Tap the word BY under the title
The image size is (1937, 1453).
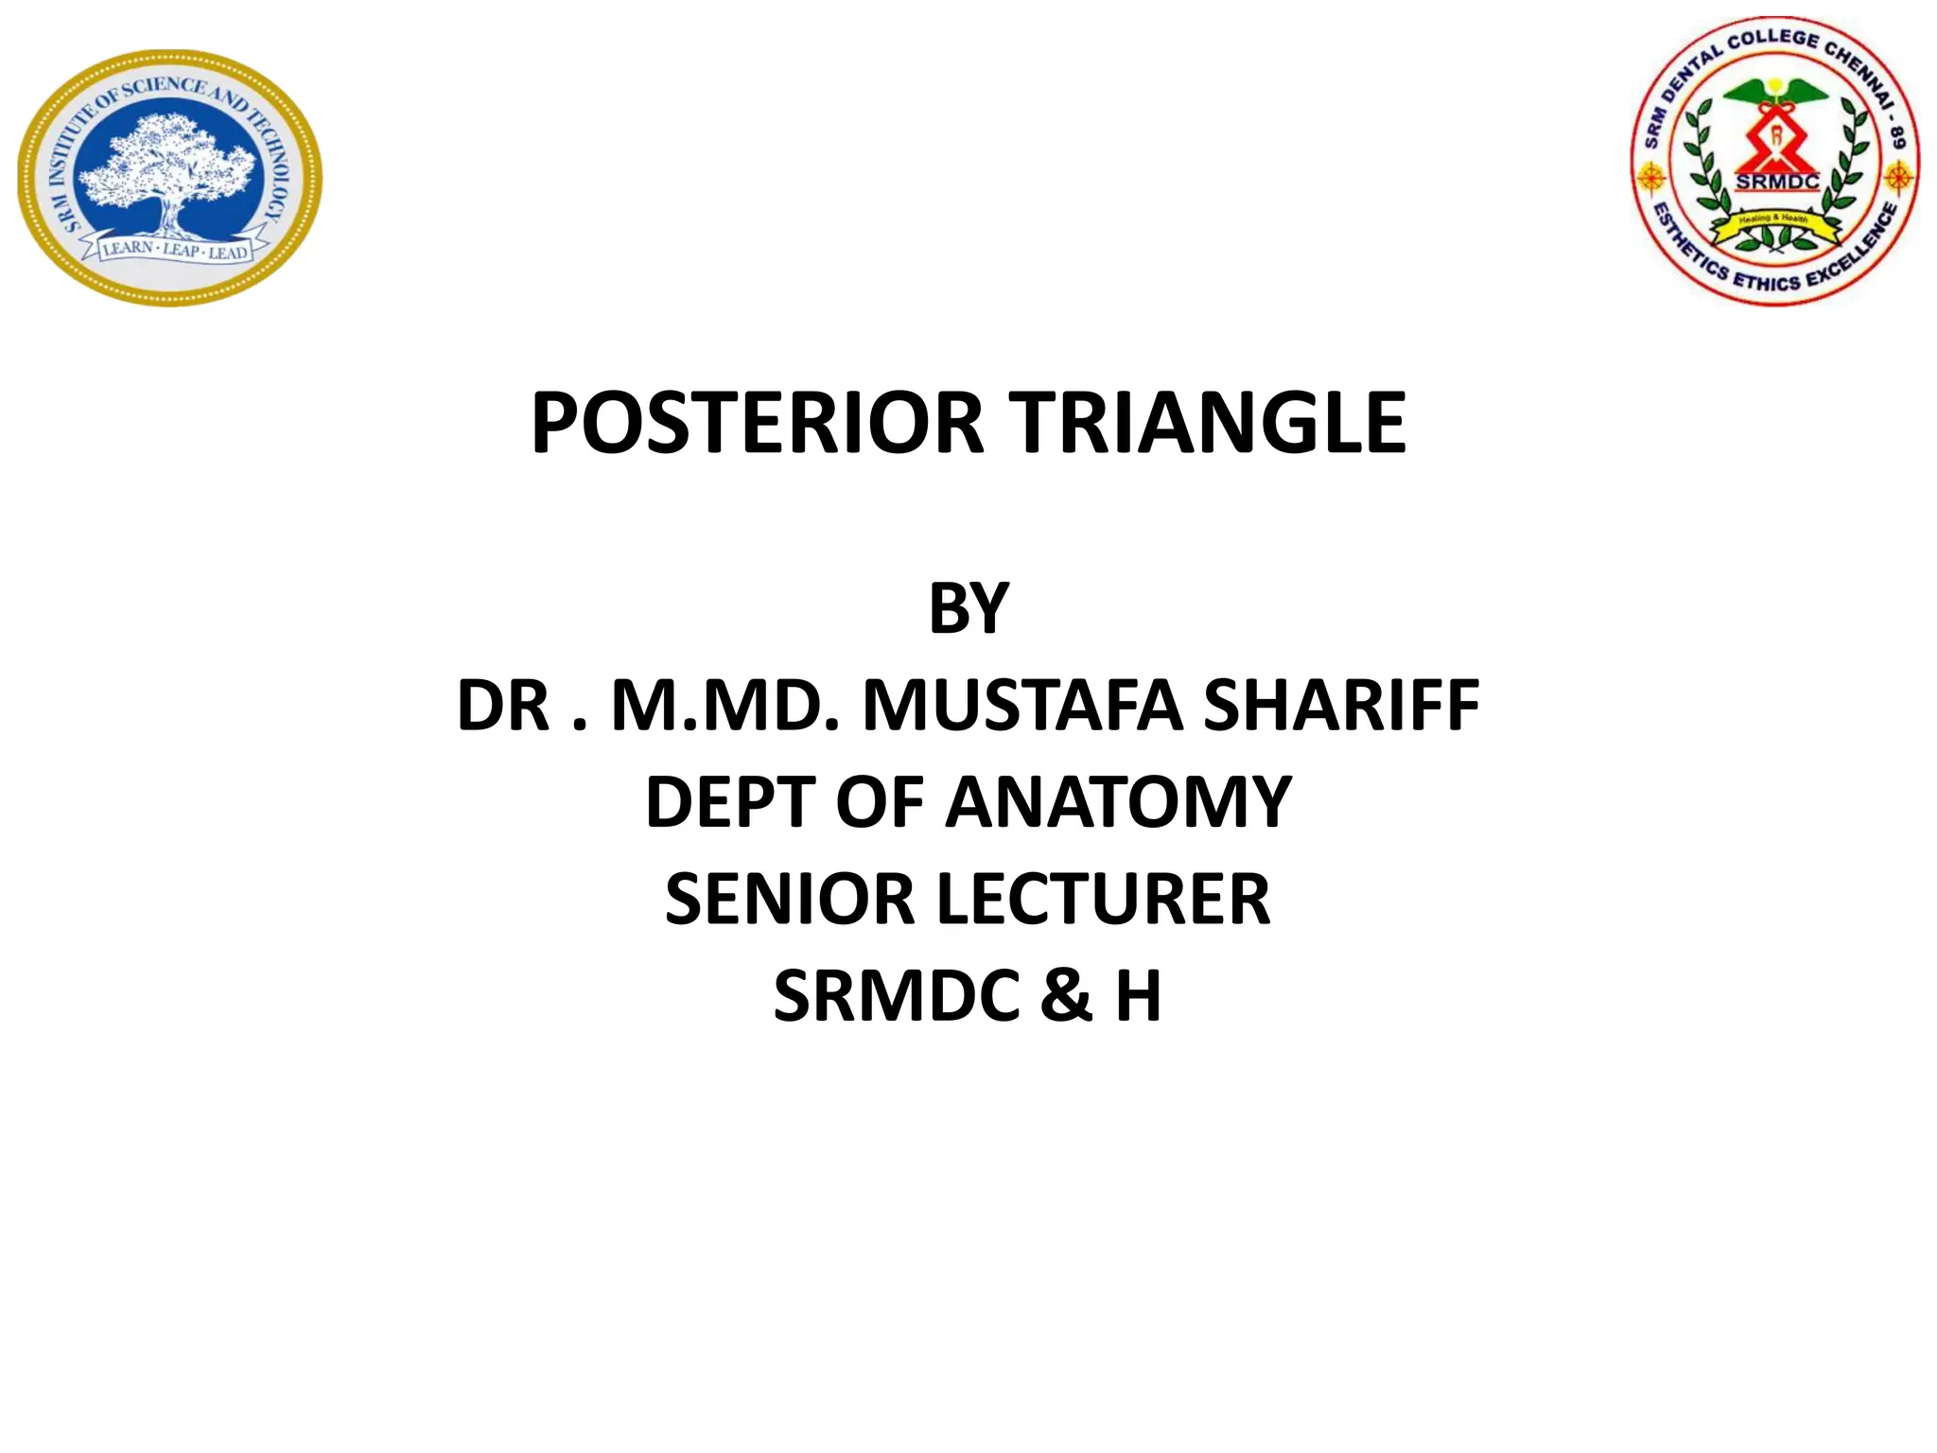tap(968, 608)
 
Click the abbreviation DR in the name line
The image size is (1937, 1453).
tap(502, 706)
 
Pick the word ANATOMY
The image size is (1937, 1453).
tap(1118, 802)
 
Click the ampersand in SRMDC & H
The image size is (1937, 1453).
tap(1066, 996)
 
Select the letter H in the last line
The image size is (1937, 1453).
tap(1138, 996)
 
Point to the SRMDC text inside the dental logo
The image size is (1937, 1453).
tap(1776, 182)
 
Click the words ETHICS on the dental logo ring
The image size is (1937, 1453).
tap(1767, 281)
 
